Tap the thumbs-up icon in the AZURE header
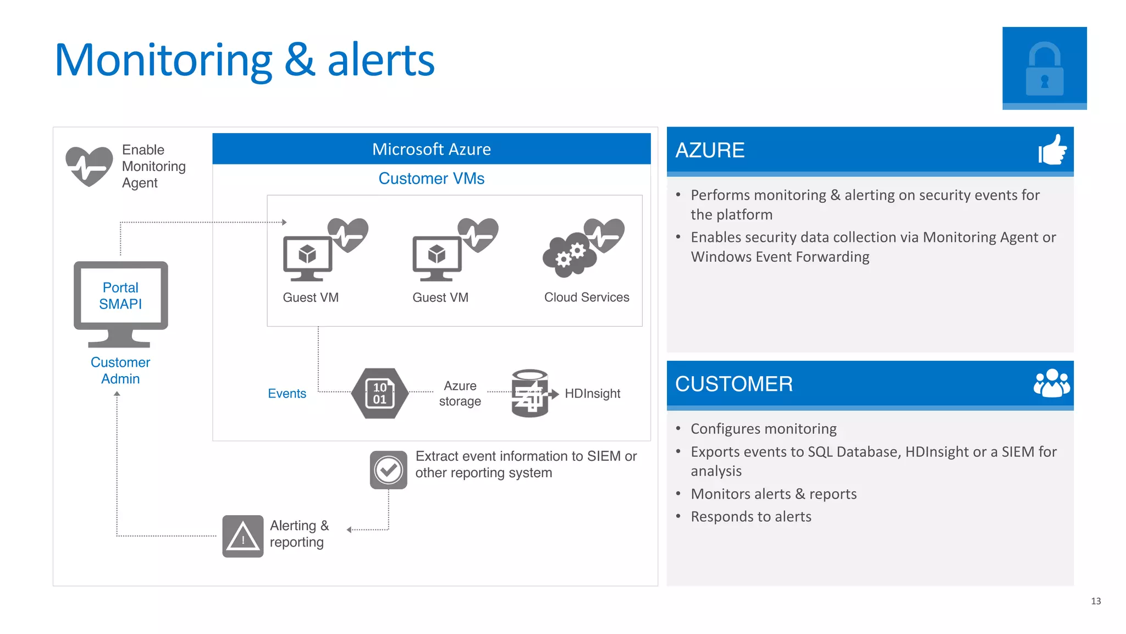pos(1052,150)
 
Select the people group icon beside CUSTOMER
pos(1051,383)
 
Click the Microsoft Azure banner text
pos(431,149)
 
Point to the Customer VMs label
pos(431,179)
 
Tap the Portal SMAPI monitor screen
pos(120,296)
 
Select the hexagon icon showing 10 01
pos(379,393)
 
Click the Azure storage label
pos(460,394)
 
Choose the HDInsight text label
pos(592,394)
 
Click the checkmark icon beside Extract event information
pos(388,470)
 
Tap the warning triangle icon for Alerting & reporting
pos(243,536)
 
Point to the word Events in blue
pos(286,394)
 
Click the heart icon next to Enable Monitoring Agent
pos(89,166)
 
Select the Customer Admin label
pos(120,371)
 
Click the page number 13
pos(1095,601)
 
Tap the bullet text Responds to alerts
pos(750,517)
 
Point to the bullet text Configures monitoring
pos(763,429)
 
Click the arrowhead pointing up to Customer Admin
pos(117,394)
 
